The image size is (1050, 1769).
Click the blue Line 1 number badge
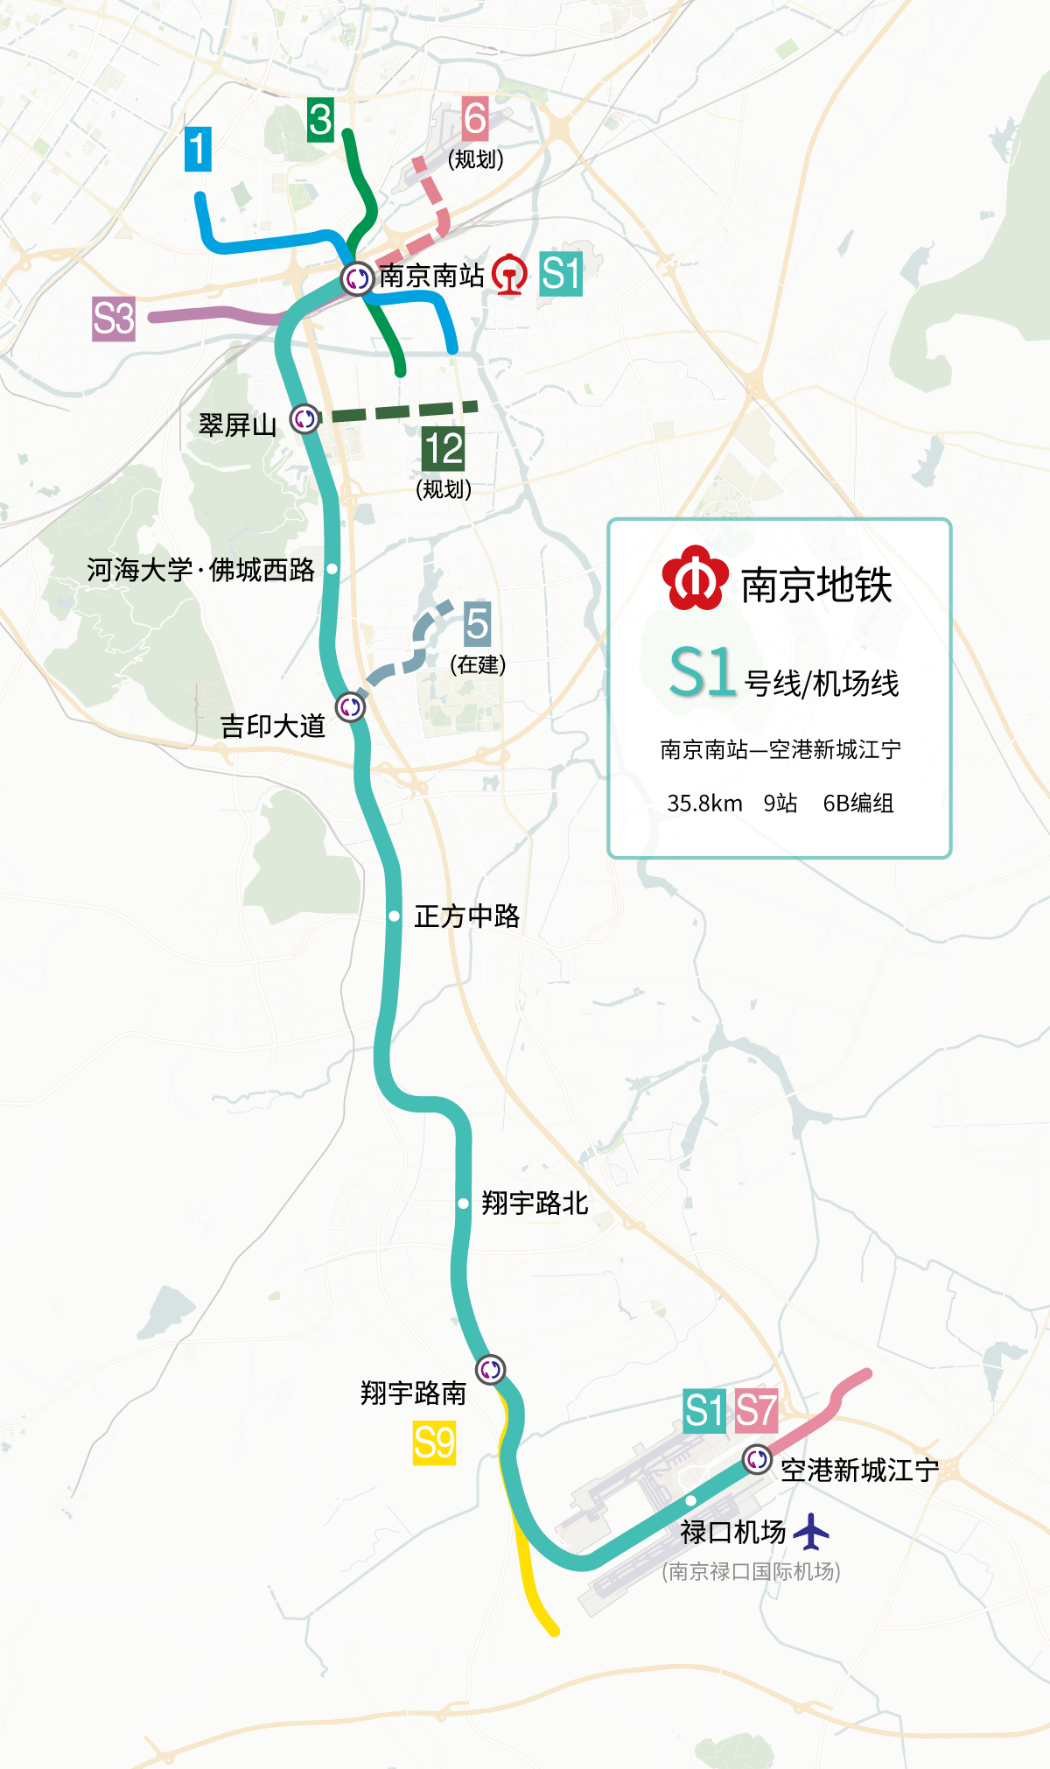(199, 149)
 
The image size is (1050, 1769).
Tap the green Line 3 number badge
(320, 119)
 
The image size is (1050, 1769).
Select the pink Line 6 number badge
(475, 118)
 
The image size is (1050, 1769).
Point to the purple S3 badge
(114, 319)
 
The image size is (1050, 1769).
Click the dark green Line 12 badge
(444, 449)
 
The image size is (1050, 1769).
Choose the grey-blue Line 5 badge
(477, 623)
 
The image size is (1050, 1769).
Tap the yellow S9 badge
(434, 1443)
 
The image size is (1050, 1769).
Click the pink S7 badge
(756, 1411)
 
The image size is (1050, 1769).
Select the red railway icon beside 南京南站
(509, 275)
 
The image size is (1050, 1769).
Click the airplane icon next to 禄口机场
(811, 1532)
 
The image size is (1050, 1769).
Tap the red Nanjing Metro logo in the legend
(695, 578)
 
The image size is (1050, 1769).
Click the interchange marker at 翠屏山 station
(304, 419)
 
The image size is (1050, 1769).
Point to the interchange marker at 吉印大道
(351, 706)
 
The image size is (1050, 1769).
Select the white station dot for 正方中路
(395, 916)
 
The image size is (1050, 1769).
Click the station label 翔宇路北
(535, 1204)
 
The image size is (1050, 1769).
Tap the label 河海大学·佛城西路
(200, 570)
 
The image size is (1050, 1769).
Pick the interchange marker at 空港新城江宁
(757, 1459)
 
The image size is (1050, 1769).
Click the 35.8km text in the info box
(704, 803)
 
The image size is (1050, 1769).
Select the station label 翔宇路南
(413, 1393)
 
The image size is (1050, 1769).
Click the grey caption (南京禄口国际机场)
(752, 1571)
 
